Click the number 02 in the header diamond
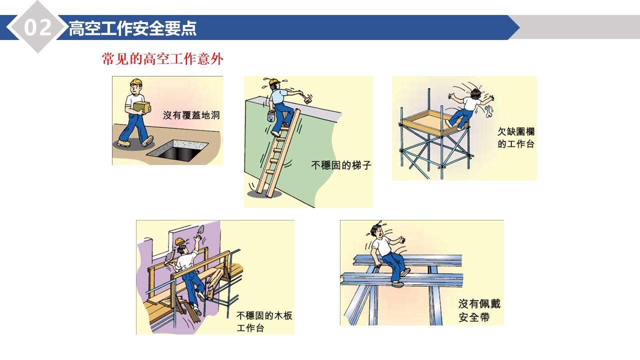pyautogui.click(x=38, y=27)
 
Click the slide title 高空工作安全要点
pyautogui.click(x=132, y=28)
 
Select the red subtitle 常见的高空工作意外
pyautogui.click(x=162, y=59)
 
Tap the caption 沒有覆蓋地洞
pyautogui.click(x=191, y=115)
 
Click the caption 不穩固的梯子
pyautogui.click(x=341, y=164)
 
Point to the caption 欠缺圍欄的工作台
pyautogui.click(x=515, y=138)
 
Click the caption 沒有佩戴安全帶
pyautogui.click(x=479, y=310)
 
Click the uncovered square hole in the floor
pyautogui.click(x=177, y=149)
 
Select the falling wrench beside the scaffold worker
pyautogui.click(x=488, y=111)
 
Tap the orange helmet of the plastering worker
pyautogui.click(x=179, y=241)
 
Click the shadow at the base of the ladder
pyautogui.click(x=259, y=192)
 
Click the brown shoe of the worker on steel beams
pyautogui.click(x=398, y=283)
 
